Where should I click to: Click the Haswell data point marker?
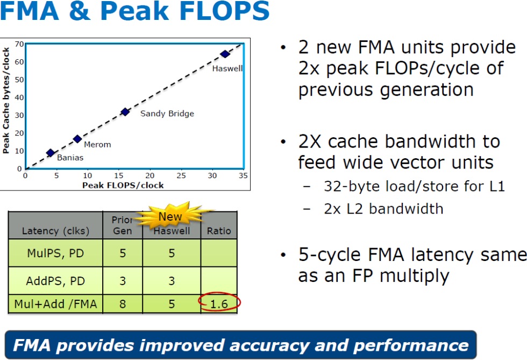225,54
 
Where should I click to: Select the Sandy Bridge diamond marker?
125,112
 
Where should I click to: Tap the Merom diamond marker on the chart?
77,139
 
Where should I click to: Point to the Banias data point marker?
51,153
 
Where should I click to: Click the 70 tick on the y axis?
19,44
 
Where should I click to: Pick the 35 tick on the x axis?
243,175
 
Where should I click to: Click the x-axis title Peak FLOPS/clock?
123,185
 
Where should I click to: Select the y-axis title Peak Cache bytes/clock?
6,100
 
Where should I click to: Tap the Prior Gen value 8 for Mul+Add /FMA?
123,304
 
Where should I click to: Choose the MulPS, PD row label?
55,253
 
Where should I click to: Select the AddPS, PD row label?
55,280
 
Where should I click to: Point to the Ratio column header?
219,231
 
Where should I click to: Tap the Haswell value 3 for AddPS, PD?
172,280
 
